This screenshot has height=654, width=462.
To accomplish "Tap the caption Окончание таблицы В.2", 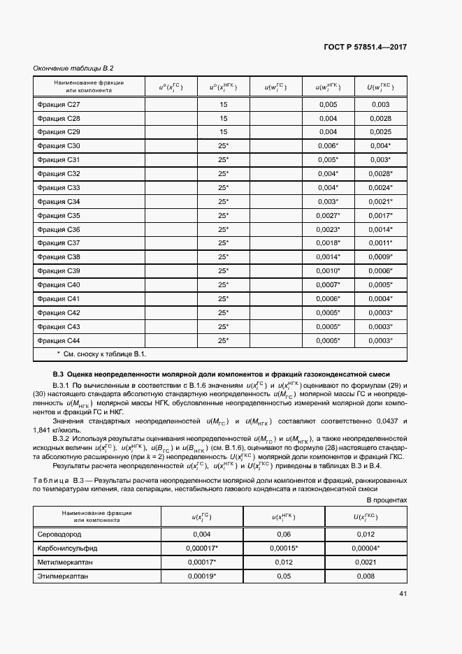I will pyautogui.click(x=73, y=68).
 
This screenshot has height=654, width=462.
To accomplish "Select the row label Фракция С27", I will pyautogui.click(x=59, y=104).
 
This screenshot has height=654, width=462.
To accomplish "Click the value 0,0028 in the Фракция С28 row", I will pyautogui.click(x=380, y=118).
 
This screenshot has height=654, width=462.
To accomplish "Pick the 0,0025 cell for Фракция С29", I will pyautogui.click(x=380, y=132).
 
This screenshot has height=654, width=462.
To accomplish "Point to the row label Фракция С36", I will pyautogui.click(x=59, y=229).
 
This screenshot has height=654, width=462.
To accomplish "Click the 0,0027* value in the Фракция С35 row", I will pyautogui.click(x=328, y=215).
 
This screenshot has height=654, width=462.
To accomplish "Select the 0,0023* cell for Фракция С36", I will pyautogui.click(x=328, y=229).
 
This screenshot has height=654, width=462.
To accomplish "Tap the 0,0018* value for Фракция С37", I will pyautogui.click(x=328, y=243).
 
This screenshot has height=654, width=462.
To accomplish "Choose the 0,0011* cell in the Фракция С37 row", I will pyautogui.click(x=381, y=243).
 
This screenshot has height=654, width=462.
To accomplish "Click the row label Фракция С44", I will pyautogui.click(x=59, y=340).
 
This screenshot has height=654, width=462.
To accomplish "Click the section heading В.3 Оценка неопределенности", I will pyautogui.click(x=221, y=374).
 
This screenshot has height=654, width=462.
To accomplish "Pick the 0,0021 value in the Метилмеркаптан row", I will pyautogui.click(x=367, y=562).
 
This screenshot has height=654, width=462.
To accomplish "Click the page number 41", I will pyautogui.click(x=403, y=594).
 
